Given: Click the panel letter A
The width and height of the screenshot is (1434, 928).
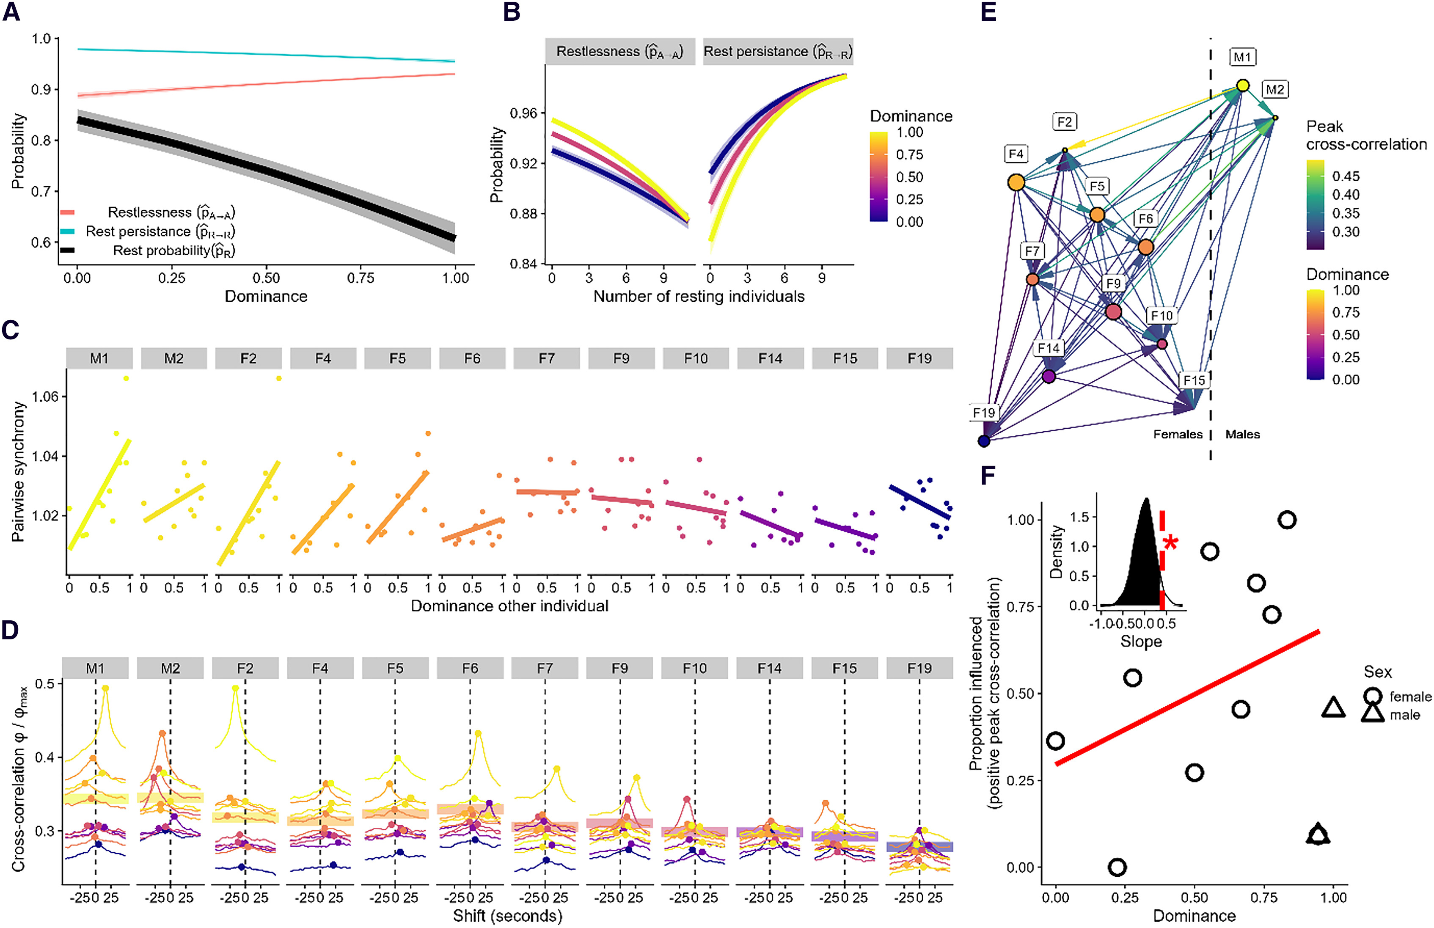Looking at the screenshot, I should coord(11,12).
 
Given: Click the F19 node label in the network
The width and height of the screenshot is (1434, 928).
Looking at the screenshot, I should coord(983,413).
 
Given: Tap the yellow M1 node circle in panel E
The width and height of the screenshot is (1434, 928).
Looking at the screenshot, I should coord(1242,85).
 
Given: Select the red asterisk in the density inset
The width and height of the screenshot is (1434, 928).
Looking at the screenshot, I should coord(1170,543).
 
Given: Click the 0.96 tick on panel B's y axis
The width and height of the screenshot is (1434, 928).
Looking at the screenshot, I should coord(523,113).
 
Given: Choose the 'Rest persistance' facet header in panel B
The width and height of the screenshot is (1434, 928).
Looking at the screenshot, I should coord(778,52).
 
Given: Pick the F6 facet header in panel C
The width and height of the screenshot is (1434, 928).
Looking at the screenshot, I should coord(472,358).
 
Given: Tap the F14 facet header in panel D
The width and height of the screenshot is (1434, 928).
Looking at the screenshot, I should coord(769,668).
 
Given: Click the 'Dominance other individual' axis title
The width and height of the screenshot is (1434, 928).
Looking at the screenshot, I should coord(509,606).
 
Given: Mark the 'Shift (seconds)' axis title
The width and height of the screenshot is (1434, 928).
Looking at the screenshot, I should coord(507,916).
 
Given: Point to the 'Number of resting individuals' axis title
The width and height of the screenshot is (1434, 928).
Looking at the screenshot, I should coord(699,297).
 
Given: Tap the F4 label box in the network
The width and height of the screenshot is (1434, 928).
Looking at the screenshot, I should coord(1016,154).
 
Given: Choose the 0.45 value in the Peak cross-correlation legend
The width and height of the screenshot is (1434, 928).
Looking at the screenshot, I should coord(1346,176).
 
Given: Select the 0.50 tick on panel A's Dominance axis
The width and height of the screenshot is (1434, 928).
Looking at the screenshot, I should coord(266,278).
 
